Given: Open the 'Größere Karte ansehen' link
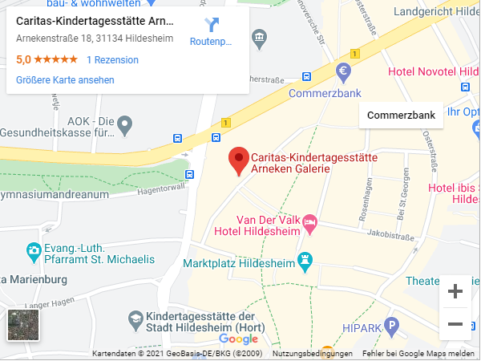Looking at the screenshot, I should [x=65, y=80].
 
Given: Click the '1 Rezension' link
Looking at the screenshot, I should [x=112, y=60].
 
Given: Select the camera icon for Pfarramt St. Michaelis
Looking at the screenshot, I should [x=33, y=252].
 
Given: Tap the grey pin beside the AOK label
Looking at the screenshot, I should [x=124, y=124].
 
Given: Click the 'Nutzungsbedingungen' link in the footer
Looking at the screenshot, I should [x=313, y=354].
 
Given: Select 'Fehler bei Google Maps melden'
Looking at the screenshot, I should [x=418, y=354].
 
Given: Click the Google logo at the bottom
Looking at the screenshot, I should [x=238, y=339].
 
